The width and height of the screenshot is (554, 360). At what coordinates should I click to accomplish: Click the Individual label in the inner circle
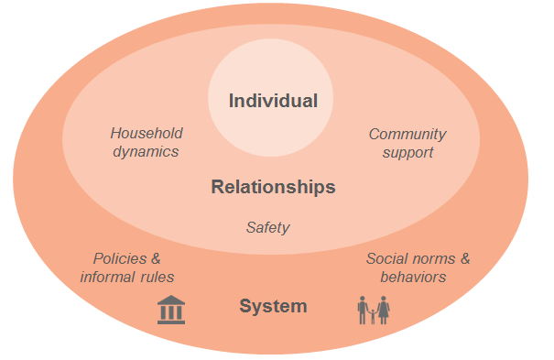(x=273, y=101)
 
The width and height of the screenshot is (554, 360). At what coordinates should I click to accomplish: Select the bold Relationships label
(x=273, y=188)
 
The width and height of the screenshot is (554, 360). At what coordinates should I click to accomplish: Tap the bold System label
(x=273, y=306)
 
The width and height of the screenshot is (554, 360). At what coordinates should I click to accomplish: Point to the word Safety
(x=267, y=227)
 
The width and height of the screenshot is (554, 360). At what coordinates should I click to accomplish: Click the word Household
(x=147, y=134)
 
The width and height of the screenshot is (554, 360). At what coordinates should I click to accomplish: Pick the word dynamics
(x=146, y=152)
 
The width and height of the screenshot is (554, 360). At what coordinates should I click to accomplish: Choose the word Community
(x=407, y=134)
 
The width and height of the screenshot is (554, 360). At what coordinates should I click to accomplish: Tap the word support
(x=407, y=153)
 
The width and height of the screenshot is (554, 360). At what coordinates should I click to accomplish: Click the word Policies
(x=121, y=258)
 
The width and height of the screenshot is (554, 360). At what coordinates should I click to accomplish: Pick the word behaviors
(x=414, y=277)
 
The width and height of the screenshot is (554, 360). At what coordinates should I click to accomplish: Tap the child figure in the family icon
(x=373, y=315)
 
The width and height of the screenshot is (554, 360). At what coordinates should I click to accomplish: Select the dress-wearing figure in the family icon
(x=384, y=310)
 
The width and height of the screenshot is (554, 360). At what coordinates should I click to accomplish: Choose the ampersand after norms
(x=463, y=258)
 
